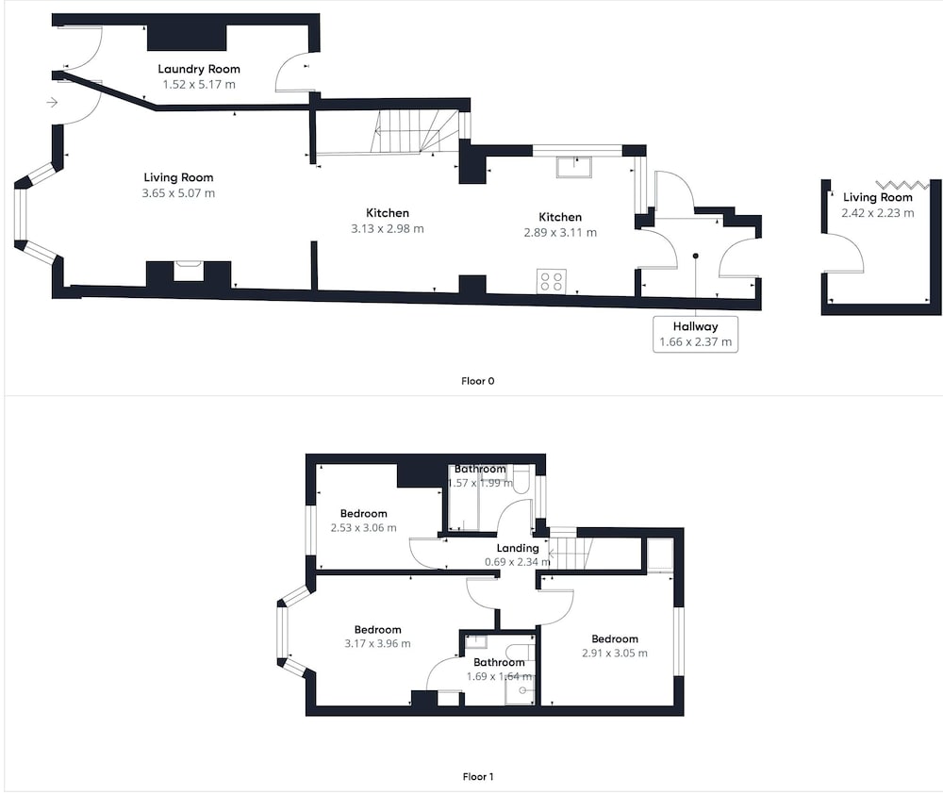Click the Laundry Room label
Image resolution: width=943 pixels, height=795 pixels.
point(199,69)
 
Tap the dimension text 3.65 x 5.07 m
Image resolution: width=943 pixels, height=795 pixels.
point(178,193)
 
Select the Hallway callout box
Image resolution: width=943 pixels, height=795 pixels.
point(695,334)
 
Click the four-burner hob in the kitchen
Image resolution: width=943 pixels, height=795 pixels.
point(552,281)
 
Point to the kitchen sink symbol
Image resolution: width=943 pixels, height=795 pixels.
point(574,167)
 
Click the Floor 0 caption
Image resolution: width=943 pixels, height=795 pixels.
point(477,381)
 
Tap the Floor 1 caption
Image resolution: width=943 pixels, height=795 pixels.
point(477,776)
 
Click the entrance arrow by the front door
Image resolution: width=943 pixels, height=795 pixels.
point(52,102)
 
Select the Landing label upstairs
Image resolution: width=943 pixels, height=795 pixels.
point(517,548)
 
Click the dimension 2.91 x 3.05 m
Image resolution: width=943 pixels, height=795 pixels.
point(615,654)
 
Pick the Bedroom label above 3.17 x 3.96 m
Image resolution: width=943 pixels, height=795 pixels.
point(378,630)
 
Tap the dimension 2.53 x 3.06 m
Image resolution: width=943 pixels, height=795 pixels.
point(363,528)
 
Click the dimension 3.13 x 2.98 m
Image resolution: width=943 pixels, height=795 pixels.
point(388,228)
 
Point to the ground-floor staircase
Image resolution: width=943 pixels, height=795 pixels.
point(415,132)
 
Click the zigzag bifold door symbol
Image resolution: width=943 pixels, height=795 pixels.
point(902,184)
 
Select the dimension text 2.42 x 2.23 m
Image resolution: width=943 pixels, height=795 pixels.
point(877,213)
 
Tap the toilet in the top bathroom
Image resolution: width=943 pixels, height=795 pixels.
point(521,480)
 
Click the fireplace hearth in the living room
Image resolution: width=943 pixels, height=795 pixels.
point(189,272)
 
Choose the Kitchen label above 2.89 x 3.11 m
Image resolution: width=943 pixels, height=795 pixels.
point(560,217)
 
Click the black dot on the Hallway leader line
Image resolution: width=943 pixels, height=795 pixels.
point(696,257)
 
